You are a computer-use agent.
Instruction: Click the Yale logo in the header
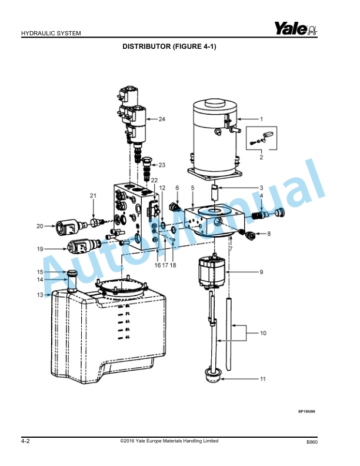click(295, 28)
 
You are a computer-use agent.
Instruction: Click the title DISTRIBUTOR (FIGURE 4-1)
click(169, 46)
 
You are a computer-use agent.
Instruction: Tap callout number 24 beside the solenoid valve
click(162, 119)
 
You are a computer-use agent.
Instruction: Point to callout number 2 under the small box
click(261, 157)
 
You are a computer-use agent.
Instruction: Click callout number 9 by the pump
click(261, 272)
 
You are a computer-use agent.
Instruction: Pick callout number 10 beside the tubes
click(262, 333)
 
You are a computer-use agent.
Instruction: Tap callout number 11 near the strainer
click(262, 378)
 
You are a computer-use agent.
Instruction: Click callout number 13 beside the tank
click(40, 295)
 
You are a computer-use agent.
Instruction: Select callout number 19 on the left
click(40, 249)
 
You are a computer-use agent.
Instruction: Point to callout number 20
click(40, 226)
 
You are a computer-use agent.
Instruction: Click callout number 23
click(162, 165)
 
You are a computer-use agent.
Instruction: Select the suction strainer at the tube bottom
click(211, 375)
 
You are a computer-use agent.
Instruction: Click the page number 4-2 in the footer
click(26, 441)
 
